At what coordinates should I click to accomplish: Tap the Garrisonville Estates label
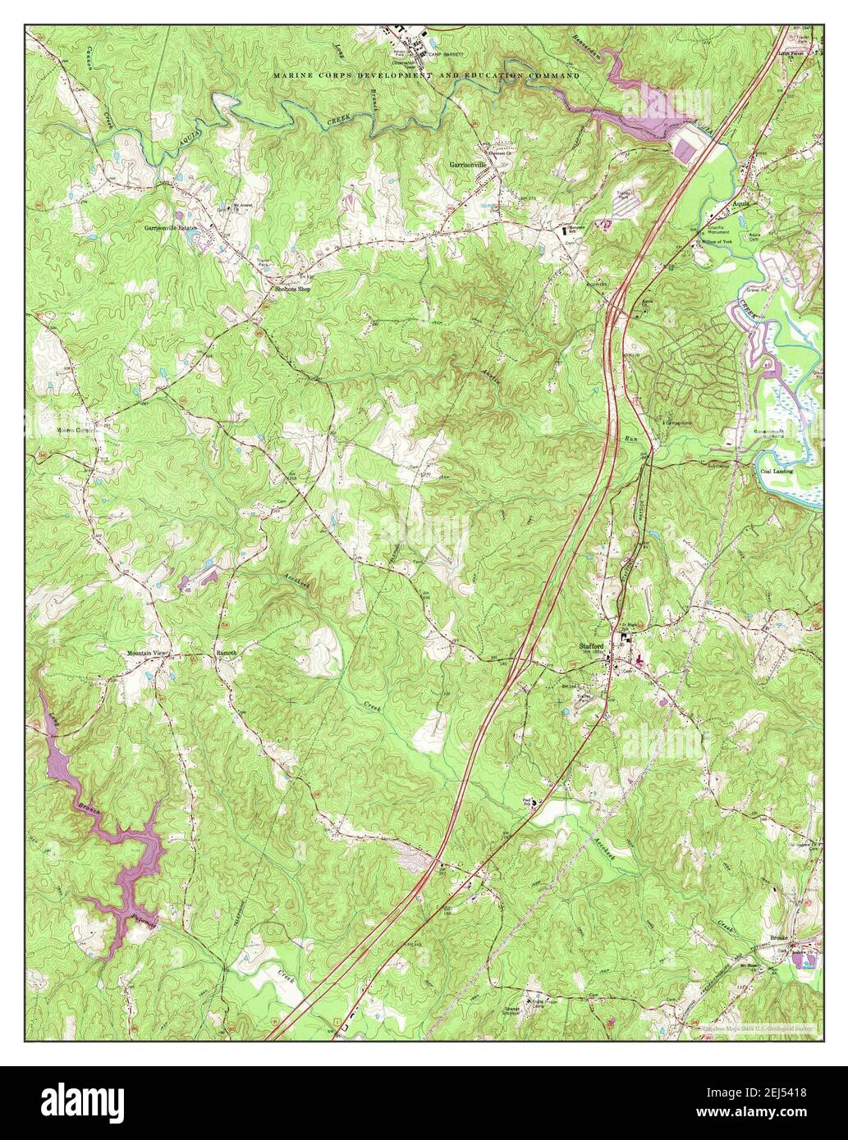pyautogui.click(x=172, y=227)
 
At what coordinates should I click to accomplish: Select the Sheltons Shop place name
pyautogui.click(x=296, y=289)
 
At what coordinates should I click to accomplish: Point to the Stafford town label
pyautogui.click(x=591, y=646)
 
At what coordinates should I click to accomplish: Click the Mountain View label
pyautogui.click(x=147, y=653)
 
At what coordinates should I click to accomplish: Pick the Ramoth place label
pyautogui.click(x=226, y=653)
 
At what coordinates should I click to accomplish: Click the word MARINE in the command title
pyautogui.click(x=294, y=75)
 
